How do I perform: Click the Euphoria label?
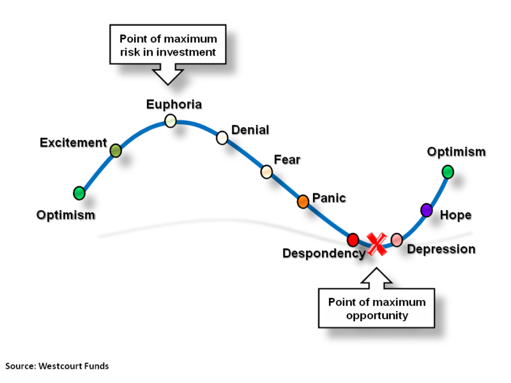coord(174,104)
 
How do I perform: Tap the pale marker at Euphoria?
coord(171,120)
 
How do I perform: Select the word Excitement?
coord(73,142)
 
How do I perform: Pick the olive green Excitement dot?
coord(116,151)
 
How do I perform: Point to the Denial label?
coord(250,130)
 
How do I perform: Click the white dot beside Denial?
coord(222,137)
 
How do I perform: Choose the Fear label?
coord(287,159)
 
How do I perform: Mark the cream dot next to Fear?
coord(266,172)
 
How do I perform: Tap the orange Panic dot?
coord(303,202)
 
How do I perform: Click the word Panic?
coord(329,197)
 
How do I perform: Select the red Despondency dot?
coord(353,240)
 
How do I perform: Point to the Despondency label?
coord(323,253)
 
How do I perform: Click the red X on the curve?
coord(376,244)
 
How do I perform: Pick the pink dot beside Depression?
coord(397,240)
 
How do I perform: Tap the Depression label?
coord(441,248)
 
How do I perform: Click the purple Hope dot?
coord(426,209)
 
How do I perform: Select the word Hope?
coord(456,214)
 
